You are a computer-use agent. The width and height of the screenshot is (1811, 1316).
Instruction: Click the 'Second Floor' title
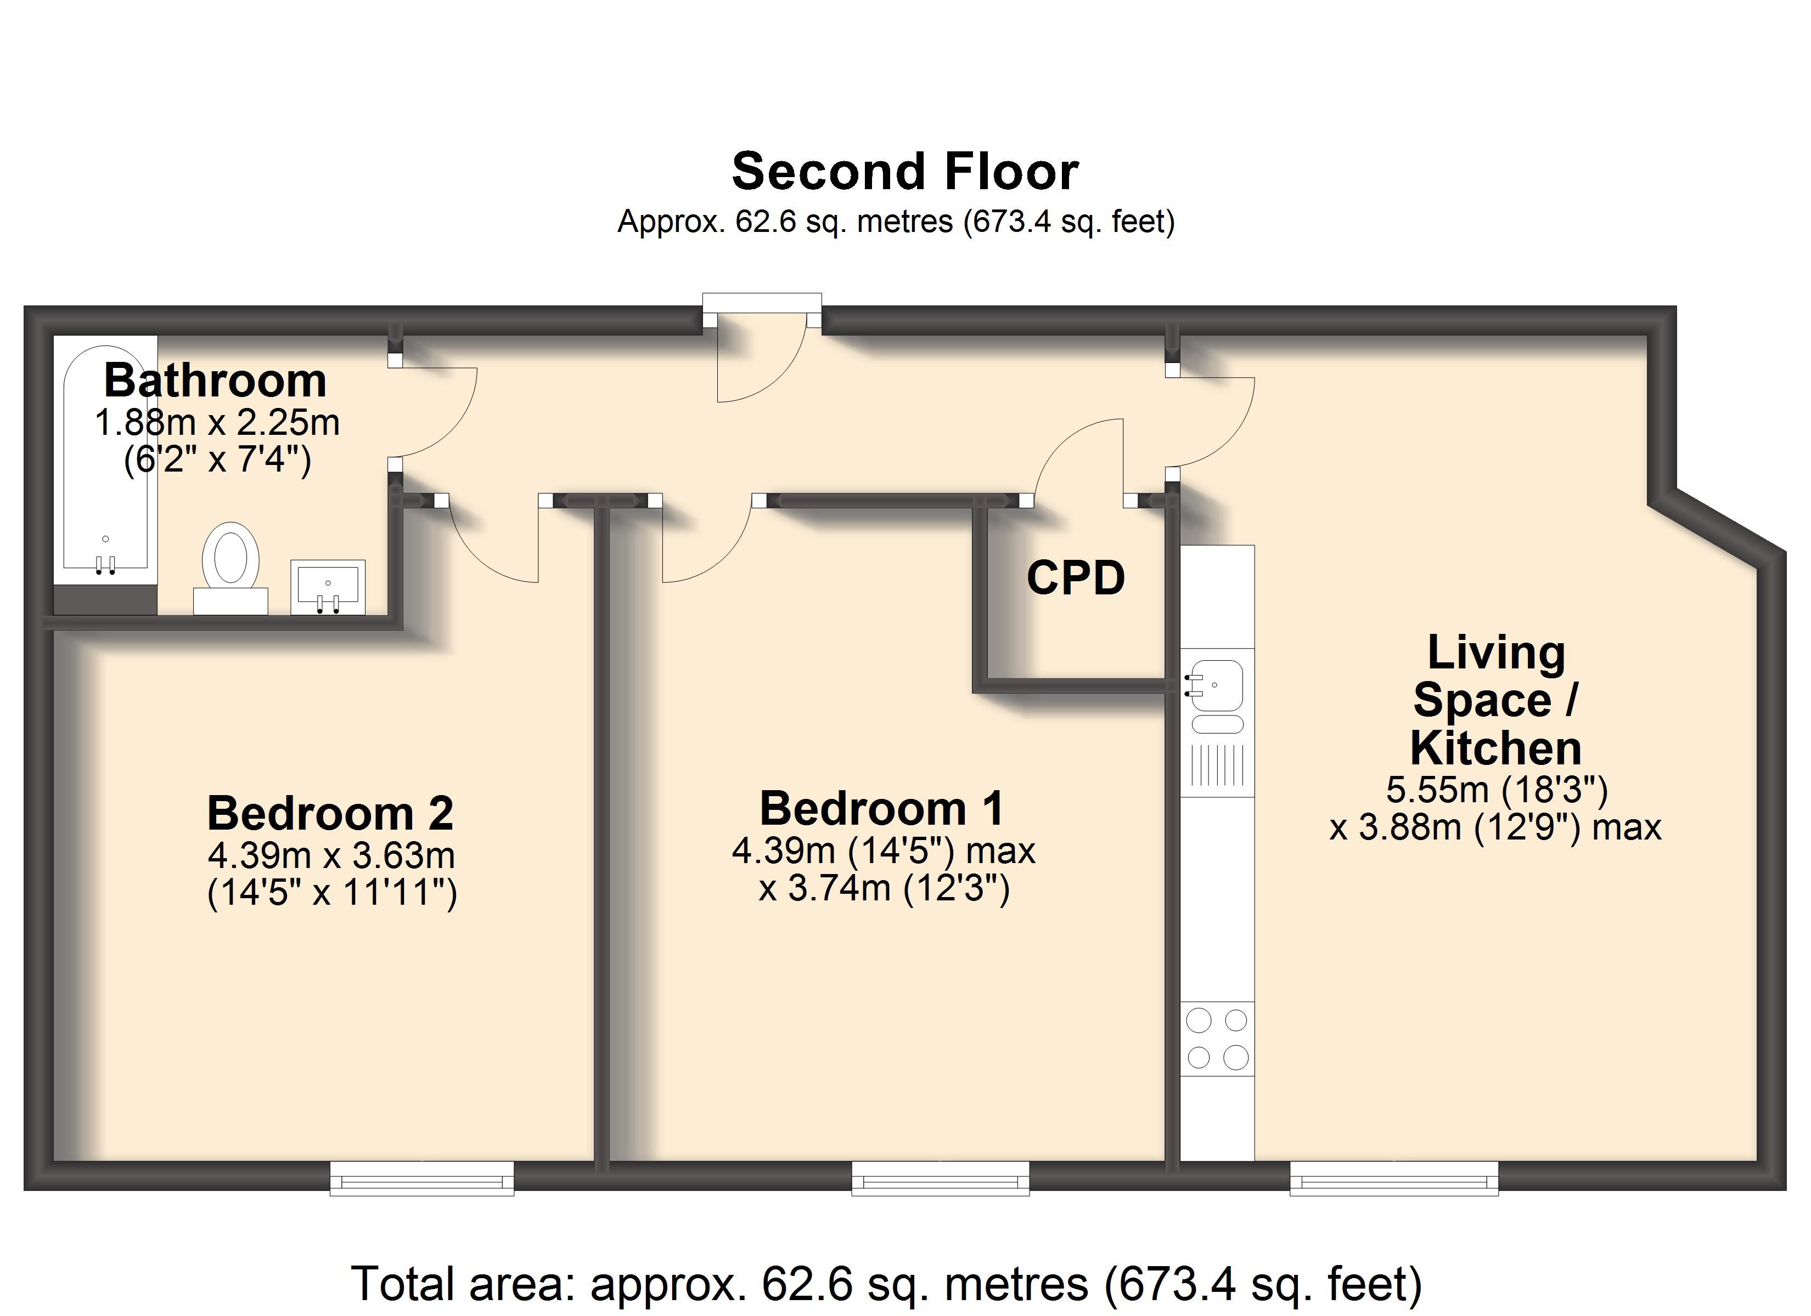tap(905, 172)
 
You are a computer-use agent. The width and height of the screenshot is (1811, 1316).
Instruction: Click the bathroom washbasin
tap(328, 587)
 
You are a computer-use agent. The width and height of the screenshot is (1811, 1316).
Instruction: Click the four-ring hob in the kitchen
tap(1217, 1039)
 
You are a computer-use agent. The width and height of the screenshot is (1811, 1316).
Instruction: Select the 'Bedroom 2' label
tap(330, 813)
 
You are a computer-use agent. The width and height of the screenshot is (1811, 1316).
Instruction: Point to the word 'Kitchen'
tap(1495, 748)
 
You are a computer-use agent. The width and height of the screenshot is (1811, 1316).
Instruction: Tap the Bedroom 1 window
tap(941, 1178)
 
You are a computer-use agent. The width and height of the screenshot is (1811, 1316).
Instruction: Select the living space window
tap(1394, 1178)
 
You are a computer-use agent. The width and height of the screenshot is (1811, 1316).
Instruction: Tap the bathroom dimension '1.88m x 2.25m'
tap(217, 423)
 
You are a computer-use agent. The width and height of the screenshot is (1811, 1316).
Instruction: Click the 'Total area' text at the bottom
tap(886, 1283)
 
